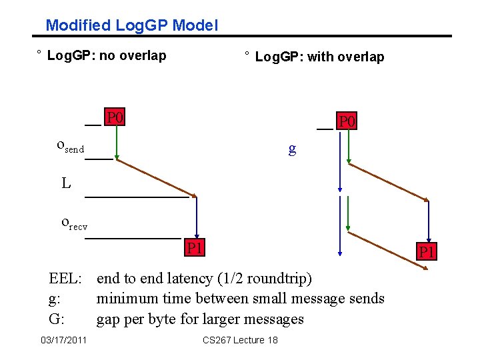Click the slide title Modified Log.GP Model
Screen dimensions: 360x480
pos(131,26)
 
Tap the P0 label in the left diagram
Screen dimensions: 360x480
pos(115,118)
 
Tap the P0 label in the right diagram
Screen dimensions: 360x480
pos(347,121)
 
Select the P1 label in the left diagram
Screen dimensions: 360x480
pos(195,249)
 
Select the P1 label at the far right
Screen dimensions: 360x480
pos(426,252)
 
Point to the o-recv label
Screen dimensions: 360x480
pos(74,222)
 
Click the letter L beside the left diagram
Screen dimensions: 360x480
pos(66,183)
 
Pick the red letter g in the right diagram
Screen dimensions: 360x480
pos(292,148)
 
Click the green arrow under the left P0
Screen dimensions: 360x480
pos(116,142)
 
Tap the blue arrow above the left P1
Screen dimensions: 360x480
pos(196,217)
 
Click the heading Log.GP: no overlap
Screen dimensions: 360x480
pos(107,55)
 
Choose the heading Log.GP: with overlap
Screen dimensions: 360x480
pos(319,57)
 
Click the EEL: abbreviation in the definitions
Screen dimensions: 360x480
pos(65,278)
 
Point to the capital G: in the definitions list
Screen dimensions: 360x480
pos(57,319)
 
